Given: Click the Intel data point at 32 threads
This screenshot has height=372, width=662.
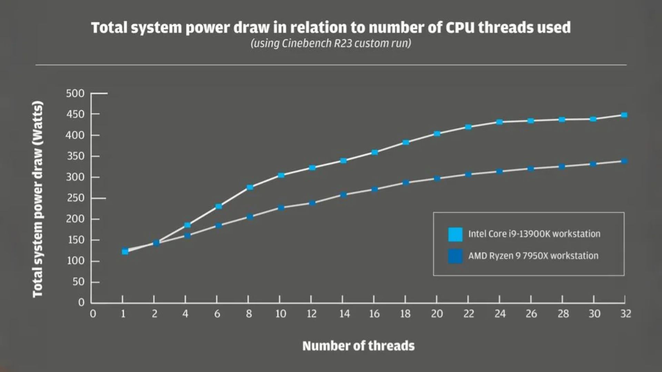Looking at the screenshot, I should (x=624, y=115).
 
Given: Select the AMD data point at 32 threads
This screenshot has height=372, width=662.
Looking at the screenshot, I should (x=624, y=161).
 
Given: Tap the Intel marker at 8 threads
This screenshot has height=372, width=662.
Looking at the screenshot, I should (x=250, y=187).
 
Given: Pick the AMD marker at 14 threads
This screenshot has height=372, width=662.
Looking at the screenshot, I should (x=343, y=195).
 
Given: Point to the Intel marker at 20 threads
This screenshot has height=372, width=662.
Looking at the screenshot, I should (x=437, y=134).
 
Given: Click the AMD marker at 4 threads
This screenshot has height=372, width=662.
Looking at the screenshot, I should (x=187, y=236).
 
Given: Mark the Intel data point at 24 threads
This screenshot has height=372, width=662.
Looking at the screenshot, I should (x=499, y=122).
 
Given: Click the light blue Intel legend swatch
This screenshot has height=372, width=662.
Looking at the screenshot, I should (x=455, y=234).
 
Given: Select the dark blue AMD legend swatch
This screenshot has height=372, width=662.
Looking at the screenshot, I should (x=455, y=256).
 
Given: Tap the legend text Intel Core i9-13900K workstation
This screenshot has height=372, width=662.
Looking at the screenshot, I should (x=534, y=234).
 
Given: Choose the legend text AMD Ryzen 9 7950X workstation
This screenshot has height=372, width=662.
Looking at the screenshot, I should (x=533, y=256).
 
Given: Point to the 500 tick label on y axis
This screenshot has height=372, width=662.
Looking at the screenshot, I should (x=75, y=93).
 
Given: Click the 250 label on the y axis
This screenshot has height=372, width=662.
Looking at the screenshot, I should (x=75, y=198).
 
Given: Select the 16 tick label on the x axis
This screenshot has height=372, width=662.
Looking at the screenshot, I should (x=374, y=314).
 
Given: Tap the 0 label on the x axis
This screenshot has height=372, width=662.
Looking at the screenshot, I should (x=93, y=314).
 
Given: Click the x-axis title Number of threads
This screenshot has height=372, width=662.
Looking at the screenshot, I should (x=358, y=346).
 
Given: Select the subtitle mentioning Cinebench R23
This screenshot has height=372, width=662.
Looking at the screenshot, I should (x=331, y=43).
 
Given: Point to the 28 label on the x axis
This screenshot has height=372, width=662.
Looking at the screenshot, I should (x=563, y=314).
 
